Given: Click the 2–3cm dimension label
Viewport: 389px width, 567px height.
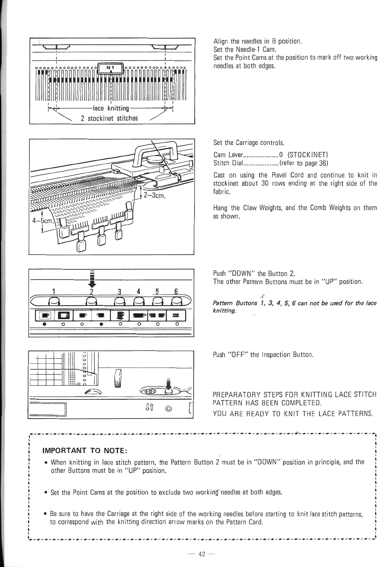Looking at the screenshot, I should pos(155,196).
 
